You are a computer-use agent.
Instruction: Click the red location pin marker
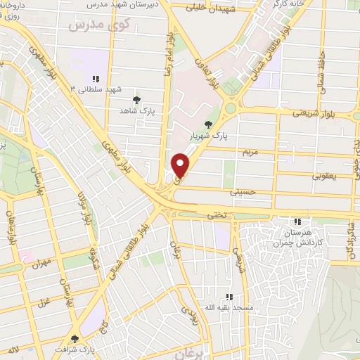tap(181, 165)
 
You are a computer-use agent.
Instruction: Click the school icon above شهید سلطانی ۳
tap(96, 79)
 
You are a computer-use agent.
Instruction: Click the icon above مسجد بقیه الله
tap(229, 297)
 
